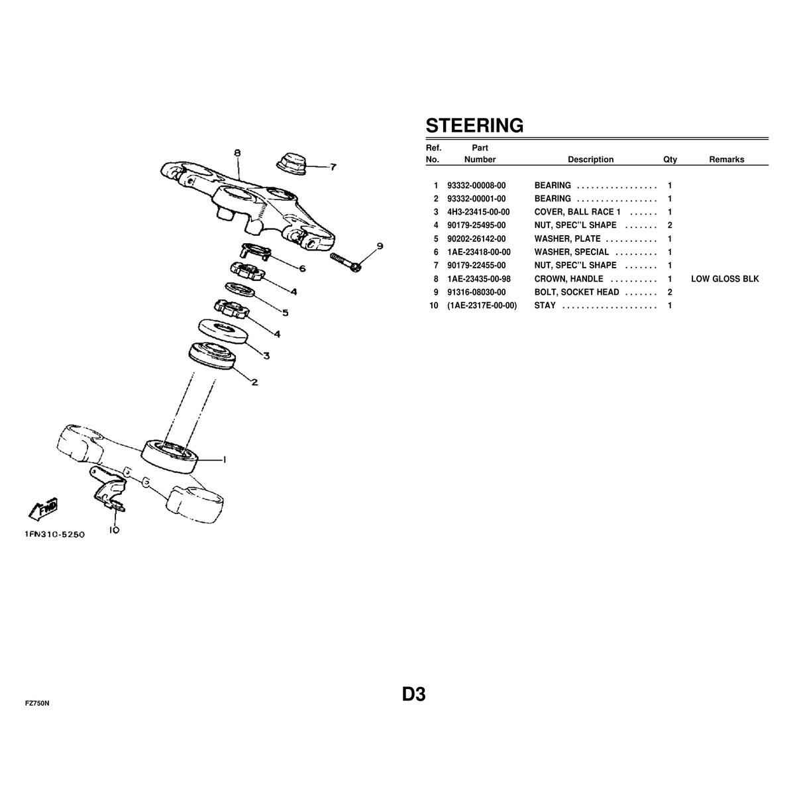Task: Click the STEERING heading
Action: tap(474, 125)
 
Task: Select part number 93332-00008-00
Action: tap(476, 185)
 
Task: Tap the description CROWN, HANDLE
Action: tap(568, 279)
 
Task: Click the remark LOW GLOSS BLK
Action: tap(725, 279)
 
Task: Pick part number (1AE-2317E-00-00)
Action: tap(482, 305)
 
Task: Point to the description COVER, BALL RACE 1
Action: tap(577, 212)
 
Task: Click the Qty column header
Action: tap(670, 160)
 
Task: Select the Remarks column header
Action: tap(727, 160)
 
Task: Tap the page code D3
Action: tap(414, 694)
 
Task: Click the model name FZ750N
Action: tap(37, 704)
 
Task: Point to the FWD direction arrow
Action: tap(43, 509)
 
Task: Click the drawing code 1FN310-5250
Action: tap(54, 534)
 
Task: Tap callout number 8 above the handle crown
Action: tap(237, 153)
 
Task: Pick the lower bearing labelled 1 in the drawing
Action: tap(170, 456)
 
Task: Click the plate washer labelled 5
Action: tap(240, 290)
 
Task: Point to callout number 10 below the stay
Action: tap(114, 530)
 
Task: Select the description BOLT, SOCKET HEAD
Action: tap(577, 292)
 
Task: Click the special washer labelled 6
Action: tap(256, 250)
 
